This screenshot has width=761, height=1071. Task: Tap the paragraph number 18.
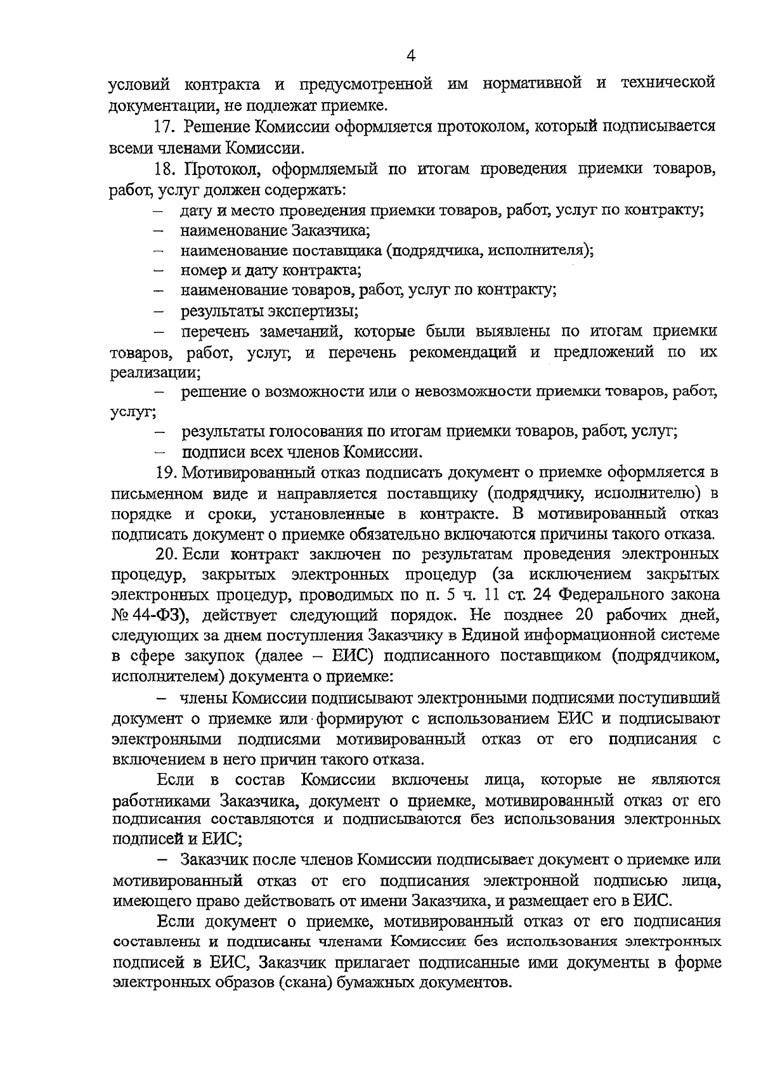tap(163, 169)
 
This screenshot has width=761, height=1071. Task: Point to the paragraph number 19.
tap(164, 473)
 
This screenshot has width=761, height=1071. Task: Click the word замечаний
tap(301, 332)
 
